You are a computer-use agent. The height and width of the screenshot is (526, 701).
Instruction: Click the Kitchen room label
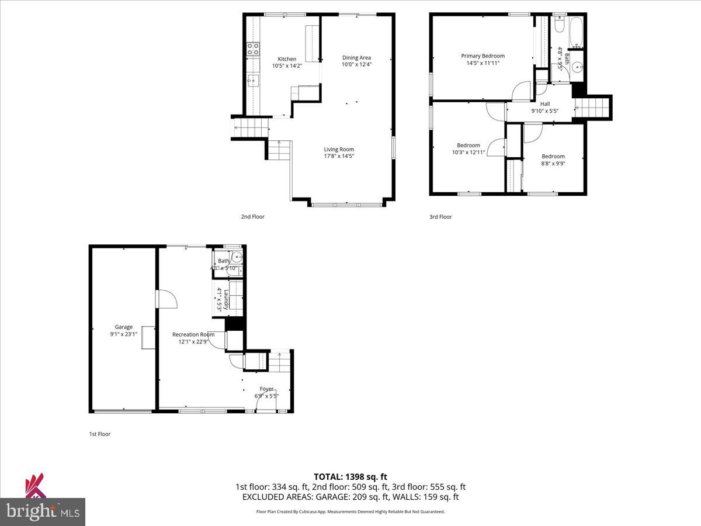click(287, 59)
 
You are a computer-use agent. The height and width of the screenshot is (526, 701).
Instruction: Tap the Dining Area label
click(356, 57)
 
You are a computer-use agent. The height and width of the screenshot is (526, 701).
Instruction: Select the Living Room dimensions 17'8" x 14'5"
click(339, 156)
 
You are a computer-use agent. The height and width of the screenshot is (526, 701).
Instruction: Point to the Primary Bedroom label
click(483, 56)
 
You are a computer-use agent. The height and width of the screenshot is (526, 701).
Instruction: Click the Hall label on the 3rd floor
click(544, 104)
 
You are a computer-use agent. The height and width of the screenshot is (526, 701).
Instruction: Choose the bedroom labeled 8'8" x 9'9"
click(553, 160)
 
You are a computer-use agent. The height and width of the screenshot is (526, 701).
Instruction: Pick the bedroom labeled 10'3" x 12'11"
click(469, 149)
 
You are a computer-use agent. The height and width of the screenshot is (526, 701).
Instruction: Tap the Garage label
click(123, 327)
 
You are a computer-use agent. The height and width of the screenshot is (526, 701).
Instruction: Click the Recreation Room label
click(193, 335)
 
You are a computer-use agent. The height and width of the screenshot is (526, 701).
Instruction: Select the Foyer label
click(266, 389)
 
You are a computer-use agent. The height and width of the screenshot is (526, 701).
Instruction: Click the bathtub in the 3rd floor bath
click(576, 32)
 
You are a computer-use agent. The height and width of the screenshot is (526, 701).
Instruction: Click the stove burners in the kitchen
click(253, 49)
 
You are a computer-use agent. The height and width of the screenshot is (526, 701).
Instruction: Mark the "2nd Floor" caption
click(252, 217)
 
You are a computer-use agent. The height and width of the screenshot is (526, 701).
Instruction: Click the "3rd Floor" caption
click(440, 217)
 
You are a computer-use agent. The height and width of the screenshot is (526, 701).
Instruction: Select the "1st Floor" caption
click(99, 434)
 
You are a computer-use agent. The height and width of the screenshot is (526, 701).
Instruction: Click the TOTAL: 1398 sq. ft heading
click(350, 476)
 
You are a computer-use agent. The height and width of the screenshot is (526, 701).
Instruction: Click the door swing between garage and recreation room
click(167, 298)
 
